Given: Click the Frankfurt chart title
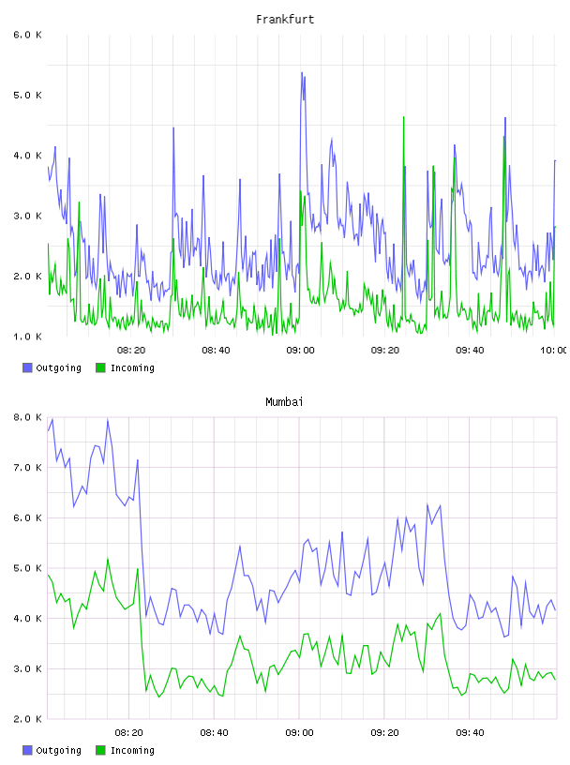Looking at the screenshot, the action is click(285, 20).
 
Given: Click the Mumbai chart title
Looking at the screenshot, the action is click(284, 402).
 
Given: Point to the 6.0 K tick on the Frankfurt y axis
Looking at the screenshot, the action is click(28, 35).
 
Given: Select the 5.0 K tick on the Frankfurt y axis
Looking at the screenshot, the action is click(28, 95).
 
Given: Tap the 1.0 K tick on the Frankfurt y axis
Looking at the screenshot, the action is click(28, 337).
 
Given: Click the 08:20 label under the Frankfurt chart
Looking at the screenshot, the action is click(131, 351).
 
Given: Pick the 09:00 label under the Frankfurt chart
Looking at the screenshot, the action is click(300, 351).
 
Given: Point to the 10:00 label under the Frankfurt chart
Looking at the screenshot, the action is click(554, 351).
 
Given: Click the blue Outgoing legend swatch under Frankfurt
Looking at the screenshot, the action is click(27, 367).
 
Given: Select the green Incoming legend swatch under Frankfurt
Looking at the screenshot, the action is click(100, 367).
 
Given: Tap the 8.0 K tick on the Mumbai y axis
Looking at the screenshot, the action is click(28, 417).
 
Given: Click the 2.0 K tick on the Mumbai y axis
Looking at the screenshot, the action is click(28, 719).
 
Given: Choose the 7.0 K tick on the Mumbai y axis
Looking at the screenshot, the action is click(28, 468).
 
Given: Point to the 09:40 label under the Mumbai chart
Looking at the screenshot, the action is click(470, 733).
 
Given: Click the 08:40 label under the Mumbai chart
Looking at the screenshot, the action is click(215, 733).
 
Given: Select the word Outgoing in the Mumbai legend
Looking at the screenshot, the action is click(58, 750).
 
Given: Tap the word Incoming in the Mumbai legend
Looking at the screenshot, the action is click(132, 750).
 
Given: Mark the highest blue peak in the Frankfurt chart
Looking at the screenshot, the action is click(302, 73).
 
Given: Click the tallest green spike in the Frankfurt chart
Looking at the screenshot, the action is click(403, 117).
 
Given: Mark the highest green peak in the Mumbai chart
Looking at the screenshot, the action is click(108, 559).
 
